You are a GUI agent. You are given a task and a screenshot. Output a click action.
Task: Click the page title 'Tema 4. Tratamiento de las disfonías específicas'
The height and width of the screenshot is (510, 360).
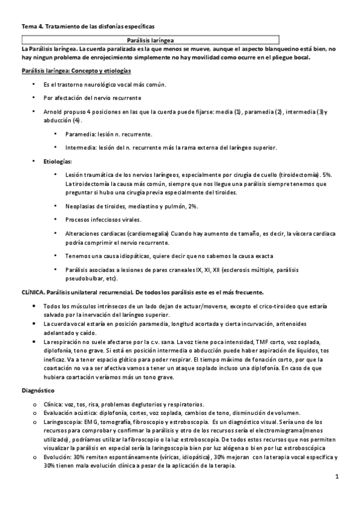coord(88,26)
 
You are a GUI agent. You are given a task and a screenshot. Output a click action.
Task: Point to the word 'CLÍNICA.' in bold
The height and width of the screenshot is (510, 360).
coord(36,292)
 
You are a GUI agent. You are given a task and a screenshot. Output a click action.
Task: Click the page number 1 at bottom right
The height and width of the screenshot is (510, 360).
coord(338,476)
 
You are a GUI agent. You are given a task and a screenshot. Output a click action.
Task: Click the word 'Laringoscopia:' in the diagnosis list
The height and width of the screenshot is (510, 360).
coord(63,422)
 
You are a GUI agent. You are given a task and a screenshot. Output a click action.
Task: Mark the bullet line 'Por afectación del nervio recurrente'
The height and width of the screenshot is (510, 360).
coord(93,97)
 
